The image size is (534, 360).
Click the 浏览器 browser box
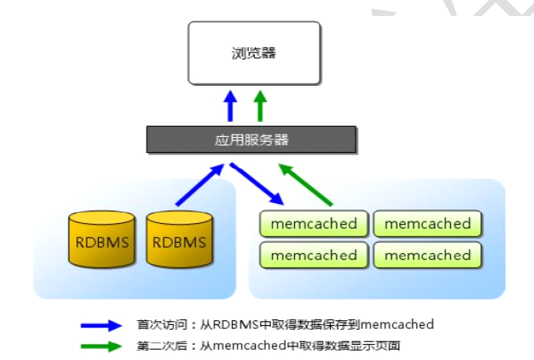(x=254, y=53)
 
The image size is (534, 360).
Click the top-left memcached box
(x=314, y=224)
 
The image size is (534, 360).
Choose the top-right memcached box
(x=428, y=224)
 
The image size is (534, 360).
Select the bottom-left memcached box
(x=314, y=255)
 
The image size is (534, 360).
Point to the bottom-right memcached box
(x=428, y=255)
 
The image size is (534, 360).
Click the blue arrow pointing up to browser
(x=231, y=105)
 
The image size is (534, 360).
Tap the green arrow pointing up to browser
(x=260, y=105)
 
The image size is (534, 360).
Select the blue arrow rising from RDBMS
(x=198, y=186)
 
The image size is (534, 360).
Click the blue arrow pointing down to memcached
(x=256, y=184)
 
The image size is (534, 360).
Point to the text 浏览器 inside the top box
(x=253, y=53)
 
